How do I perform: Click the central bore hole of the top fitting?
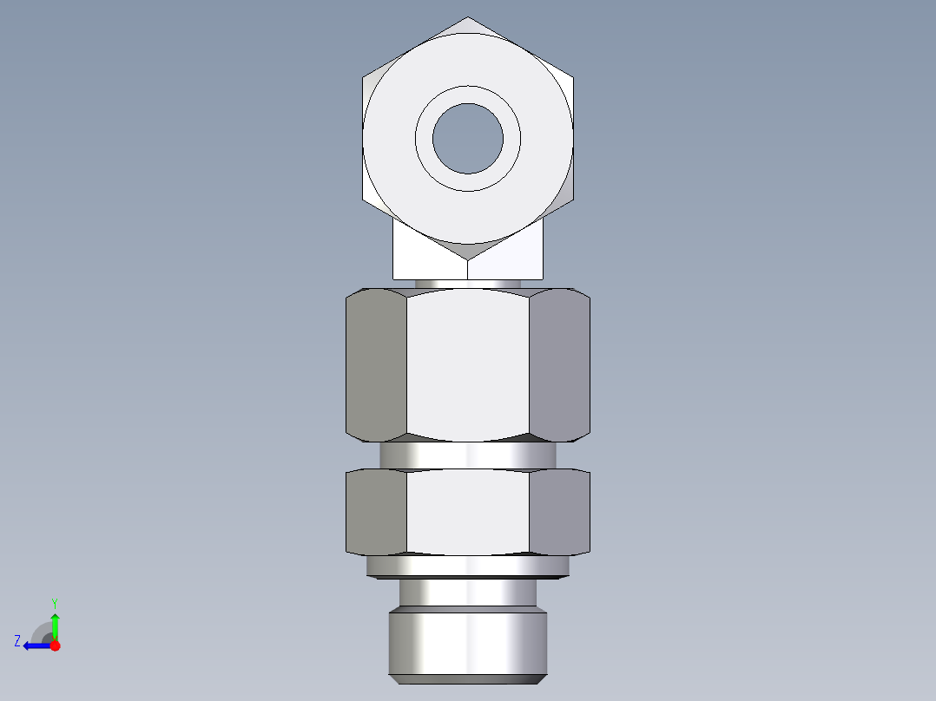[x=468, y=138]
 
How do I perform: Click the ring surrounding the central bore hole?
[x=468, y=181]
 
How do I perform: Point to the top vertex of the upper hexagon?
[x=468, y=17]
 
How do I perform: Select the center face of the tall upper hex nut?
[x=468, y=364]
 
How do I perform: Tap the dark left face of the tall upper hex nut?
[x=376, y=364]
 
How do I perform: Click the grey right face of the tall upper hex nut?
[x=560, y=364]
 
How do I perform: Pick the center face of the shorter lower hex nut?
[x=468, y=512]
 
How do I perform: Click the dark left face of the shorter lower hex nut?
[x=376, y=512]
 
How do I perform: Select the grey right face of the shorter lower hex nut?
[x=560, y=512]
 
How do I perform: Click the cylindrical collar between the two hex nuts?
[x=468, y=455]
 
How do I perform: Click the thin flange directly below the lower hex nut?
[x=468, y=567]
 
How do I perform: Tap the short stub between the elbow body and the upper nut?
[x=468, y=284]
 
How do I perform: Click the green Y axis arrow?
[x=55, y=624]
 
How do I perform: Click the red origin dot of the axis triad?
[x=55, y=645]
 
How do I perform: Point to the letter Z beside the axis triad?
[x=17, y=641]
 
